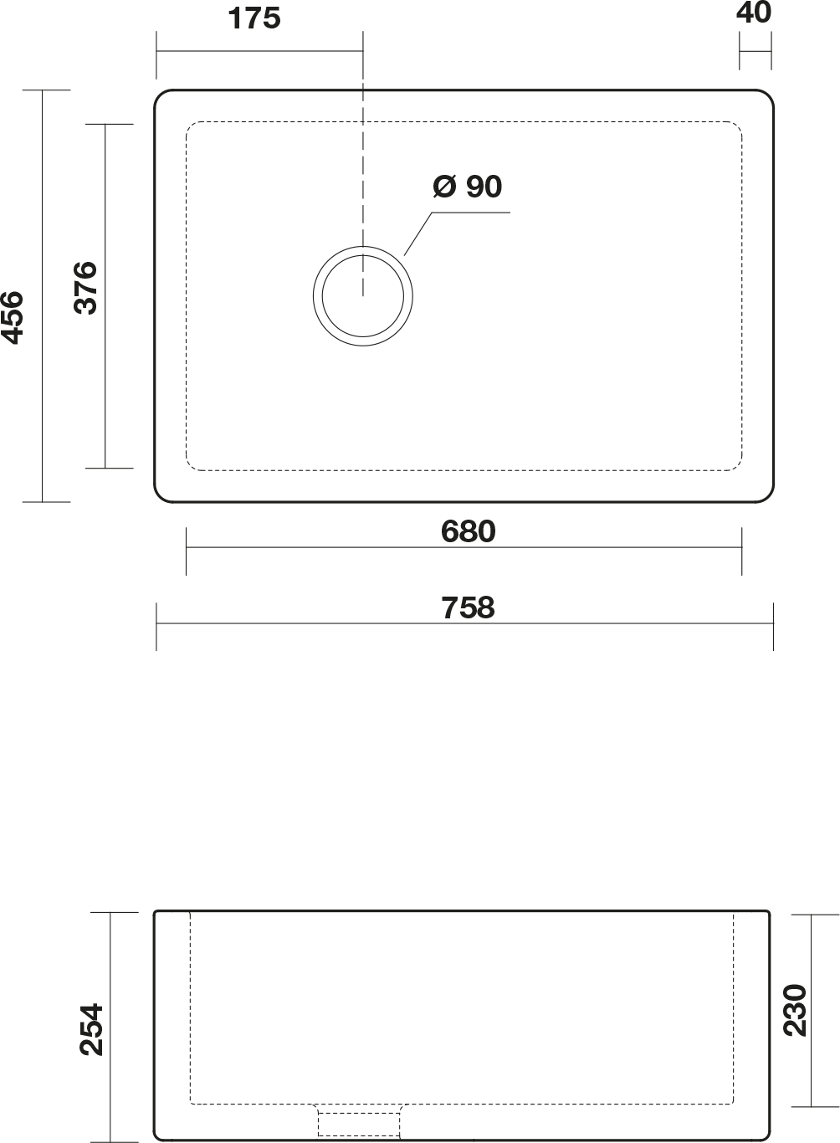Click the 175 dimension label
tap(254, 18)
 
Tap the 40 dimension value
tap(754, 13)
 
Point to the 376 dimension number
tap(85, 288)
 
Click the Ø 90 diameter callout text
tap(468, 187)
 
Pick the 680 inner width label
tap(468, 531)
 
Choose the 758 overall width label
tap(468, 607)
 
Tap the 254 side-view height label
tap(92, 1029)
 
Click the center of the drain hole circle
tap(363, 296)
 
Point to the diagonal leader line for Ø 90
tap(418, 233)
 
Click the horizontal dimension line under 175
tap(259, 51)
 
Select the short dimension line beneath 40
tap(755, 51)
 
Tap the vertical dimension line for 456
tap(43, 296)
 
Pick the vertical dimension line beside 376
tap(105, 296)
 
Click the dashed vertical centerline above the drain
tap(363, 189)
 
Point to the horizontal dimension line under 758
tap(465, 623)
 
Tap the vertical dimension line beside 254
tap(110, 1028)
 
